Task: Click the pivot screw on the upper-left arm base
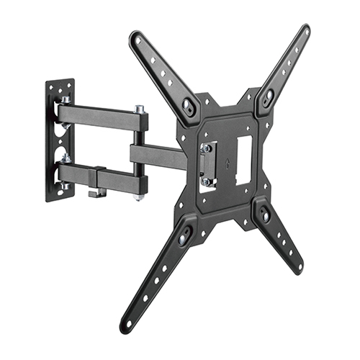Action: [x=188, y=106]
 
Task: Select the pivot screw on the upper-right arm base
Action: [x=268, y=94]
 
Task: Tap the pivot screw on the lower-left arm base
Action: [x=184, y=233]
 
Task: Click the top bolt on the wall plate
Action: [x=65, y=100]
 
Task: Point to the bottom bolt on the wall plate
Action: [x=64, y=186]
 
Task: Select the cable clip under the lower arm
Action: [x=94, y=193]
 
